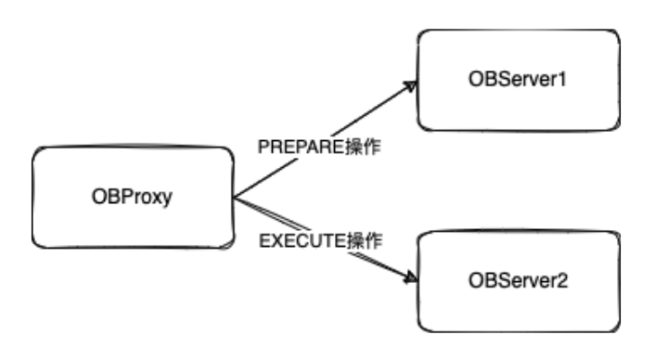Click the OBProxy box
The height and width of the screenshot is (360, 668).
[x=134, y=197]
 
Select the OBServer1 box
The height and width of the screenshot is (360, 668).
[x=518, y=80]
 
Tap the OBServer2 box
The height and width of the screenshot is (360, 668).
[x=518, y=280]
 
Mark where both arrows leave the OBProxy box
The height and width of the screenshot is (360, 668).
[x=235, y=198]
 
